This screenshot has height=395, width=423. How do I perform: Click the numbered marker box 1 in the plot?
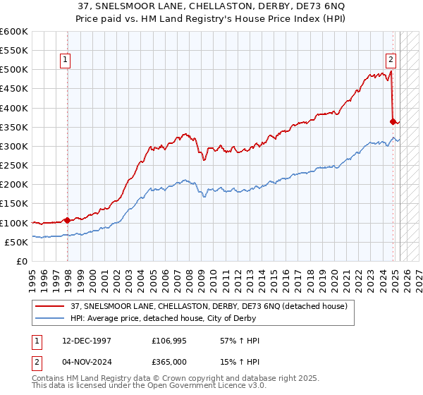pos(65,60)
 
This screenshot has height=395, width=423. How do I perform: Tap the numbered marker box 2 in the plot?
pos(391,60)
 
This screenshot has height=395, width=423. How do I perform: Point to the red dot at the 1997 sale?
pos(68,220)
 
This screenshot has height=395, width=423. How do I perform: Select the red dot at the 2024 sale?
pos(393,121)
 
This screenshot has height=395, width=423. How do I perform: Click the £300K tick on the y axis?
pos(16,146)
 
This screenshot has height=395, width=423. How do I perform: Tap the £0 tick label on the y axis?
pos(22,261)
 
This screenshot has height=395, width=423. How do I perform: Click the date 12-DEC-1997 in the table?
pos(84,341)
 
